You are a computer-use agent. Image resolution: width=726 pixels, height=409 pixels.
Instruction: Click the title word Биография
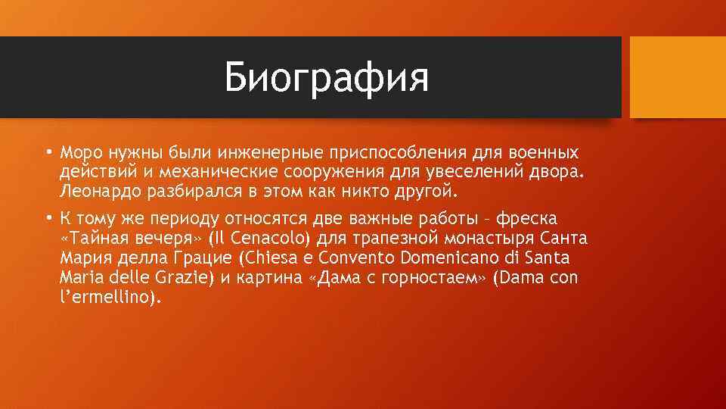tap(327, 78)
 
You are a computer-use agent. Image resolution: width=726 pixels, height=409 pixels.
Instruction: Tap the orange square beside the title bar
tap(678, 77)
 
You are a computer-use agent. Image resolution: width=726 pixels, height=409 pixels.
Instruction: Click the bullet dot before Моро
tap(47, 153)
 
